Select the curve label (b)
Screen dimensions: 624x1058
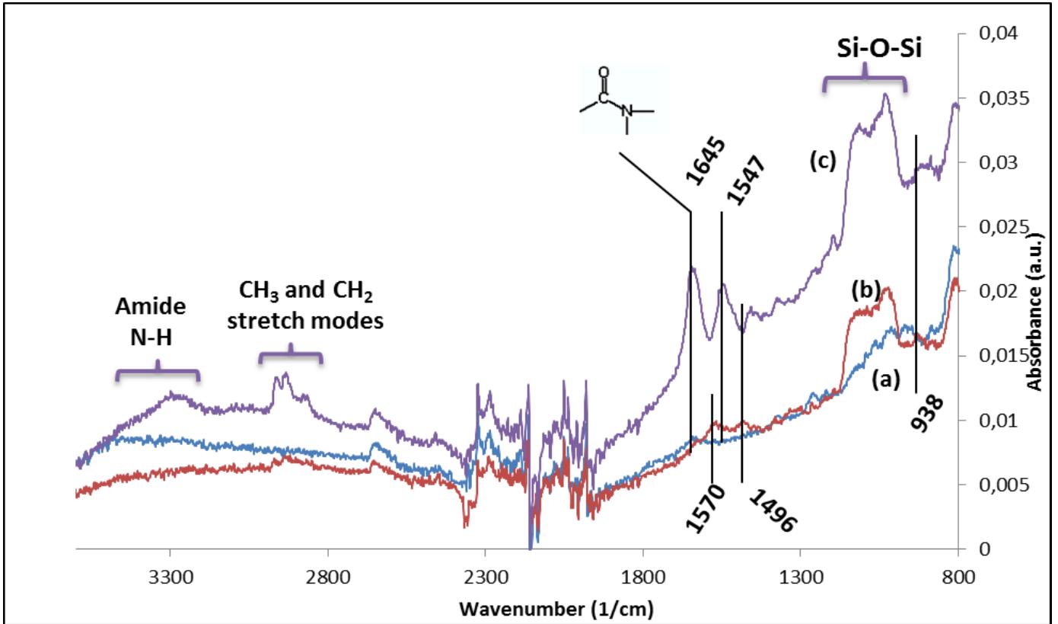865,290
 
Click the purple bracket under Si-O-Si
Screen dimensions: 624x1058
865,82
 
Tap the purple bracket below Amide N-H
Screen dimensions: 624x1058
157,373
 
